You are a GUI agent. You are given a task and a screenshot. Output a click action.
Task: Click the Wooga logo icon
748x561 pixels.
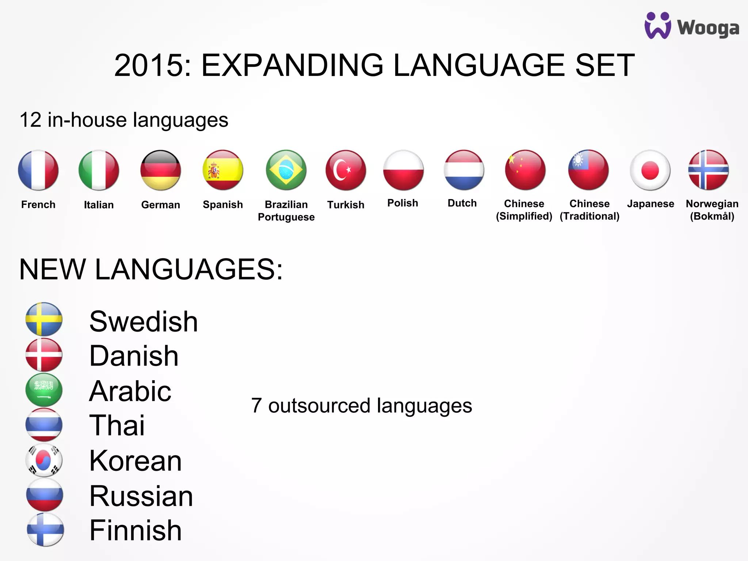click(x=658, y=26)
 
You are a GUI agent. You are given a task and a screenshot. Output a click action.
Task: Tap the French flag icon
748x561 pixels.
click(x=38, y=170)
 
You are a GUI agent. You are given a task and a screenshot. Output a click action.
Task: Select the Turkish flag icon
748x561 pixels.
click(x=346, y=170)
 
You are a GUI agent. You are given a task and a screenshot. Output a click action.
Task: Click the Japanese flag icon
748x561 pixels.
click(x=650, y=170)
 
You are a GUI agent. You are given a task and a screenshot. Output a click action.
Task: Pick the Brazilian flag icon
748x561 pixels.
click(x=286, y=170)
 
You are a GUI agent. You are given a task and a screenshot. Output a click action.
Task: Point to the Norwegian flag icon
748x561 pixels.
click(x=708, y=170)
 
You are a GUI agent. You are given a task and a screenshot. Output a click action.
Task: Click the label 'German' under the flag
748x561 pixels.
click(x=161, y=205)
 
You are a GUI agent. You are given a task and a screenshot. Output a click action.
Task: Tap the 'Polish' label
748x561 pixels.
click(x=402, y=203)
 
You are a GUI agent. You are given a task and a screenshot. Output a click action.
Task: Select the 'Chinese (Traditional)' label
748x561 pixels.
click(x=589, y=210)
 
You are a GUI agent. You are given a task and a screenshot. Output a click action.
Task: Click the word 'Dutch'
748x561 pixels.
click(x=462, y=203)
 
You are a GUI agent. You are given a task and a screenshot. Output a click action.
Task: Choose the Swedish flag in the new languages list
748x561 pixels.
click(x=44, y=319)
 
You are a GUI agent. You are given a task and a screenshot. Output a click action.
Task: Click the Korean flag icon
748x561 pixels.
click(x=44, y=460)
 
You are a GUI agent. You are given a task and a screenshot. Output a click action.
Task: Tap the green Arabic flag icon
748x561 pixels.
click(x=44, y=390)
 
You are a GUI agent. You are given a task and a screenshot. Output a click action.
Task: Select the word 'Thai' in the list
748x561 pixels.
click(x=117, y=425)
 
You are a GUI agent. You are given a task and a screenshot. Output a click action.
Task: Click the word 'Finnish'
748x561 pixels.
click(x=136, y=530)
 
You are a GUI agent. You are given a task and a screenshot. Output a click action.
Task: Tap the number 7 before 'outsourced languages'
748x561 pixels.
click(x=256, y=406)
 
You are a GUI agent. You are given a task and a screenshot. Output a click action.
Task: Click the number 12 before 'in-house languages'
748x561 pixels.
click(x=31, y=120)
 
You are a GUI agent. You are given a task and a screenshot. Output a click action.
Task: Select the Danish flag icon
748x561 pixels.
click(x=44, y=355)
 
